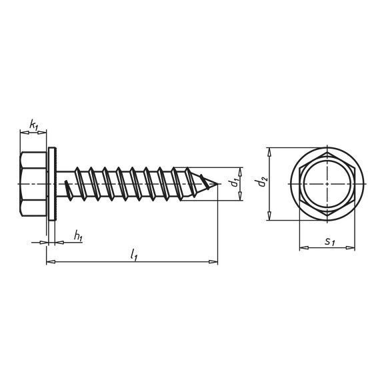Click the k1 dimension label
tap(34, 125)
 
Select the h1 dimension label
tap(78, 236)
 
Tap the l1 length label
tap(134, 254)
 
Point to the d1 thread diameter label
tap(235, 183)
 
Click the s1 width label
tap(329, 242)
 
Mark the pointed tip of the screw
tap(217, 184)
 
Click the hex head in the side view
tap(33, 184)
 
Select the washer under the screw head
tap(53, 184)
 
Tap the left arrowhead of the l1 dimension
tap(51, 262)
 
